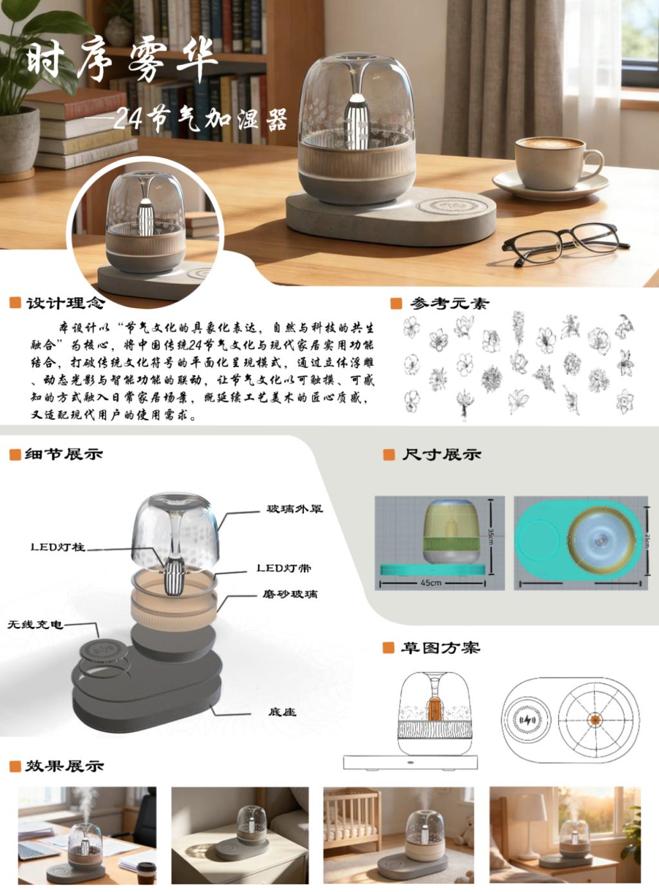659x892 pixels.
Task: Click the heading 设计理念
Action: click(65, 304)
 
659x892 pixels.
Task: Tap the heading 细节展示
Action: click(64, 454)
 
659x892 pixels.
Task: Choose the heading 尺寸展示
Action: click(441, 455)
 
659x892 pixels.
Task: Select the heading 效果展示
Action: click(64, 766)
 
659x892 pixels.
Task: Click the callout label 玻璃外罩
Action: click(295, 509)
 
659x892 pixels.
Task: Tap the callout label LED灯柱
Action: click(58, 547)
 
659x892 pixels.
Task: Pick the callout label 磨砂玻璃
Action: click(290, 594)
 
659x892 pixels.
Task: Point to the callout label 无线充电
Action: click(35, 624)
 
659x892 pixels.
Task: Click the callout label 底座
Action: click(282, 712)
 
